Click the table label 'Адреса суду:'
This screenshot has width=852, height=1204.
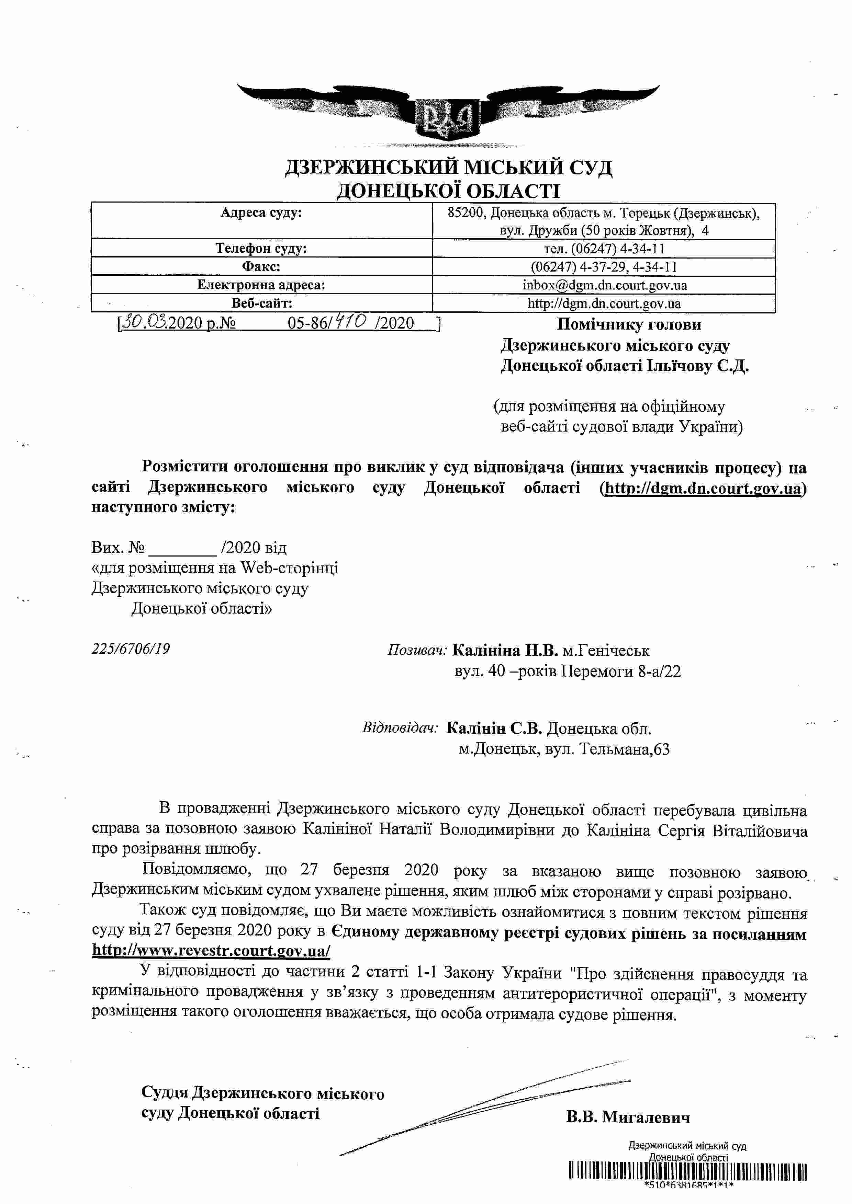(x=261, y=213)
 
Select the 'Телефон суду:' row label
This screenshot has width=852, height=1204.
(x=261, y=248)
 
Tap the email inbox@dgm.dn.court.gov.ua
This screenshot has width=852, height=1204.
(x=604, y=285)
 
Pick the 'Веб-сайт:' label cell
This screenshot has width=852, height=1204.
(x=261, y=303)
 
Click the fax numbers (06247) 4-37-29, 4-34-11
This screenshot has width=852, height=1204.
(x=604, y=267)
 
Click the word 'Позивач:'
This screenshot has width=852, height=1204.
(x=417, y=650)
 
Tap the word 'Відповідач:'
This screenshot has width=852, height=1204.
(x=400, y=728)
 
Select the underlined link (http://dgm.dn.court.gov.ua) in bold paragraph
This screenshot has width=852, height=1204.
(x=703, y=488)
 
